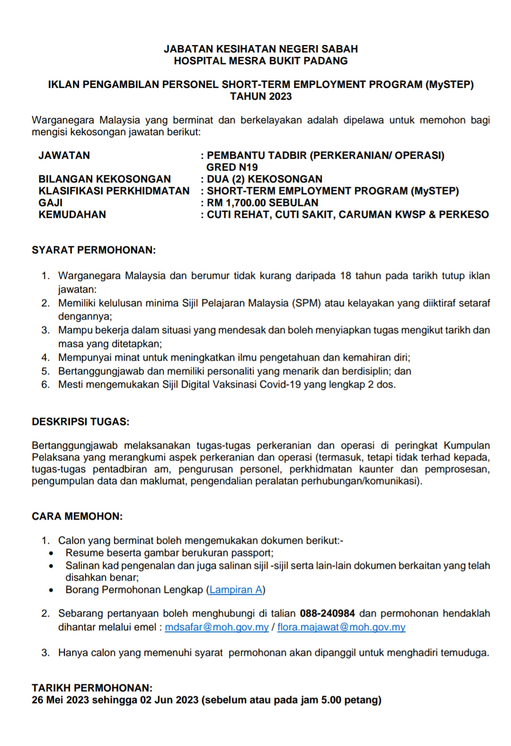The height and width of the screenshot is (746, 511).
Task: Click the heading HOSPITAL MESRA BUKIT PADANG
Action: (261, 61)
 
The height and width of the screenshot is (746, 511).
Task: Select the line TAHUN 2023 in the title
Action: (261, 96)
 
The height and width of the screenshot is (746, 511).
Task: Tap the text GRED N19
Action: (232, 167)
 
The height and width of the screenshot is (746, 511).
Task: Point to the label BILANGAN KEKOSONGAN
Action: (105, 179)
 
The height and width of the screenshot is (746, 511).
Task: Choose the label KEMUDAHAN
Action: (72, 215)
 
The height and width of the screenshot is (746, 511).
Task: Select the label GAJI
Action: (51, 203)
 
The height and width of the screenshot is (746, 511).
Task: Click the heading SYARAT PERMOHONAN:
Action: (94, 250)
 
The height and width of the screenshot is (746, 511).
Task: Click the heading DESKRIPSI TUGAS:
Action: (80, 422)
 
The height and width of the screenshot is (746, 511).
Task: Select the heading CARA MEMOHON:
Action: (77, 516)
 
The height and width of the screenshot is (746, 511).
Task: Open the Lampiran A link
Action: (236, 590)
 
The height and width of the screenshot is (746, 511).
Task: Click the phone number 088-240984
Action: (327, 614)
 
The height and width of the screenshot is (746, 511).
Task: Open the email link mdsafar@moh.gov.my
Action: (217, 627)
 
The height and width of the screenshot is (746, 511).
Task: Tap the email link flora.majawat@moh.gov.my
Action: (341, 627)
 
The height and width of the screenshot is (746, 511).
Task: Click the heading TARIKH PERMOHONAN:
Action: (92, 688)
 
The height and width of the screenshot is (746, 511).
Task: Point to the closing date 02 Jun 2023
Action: (169, 700)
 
